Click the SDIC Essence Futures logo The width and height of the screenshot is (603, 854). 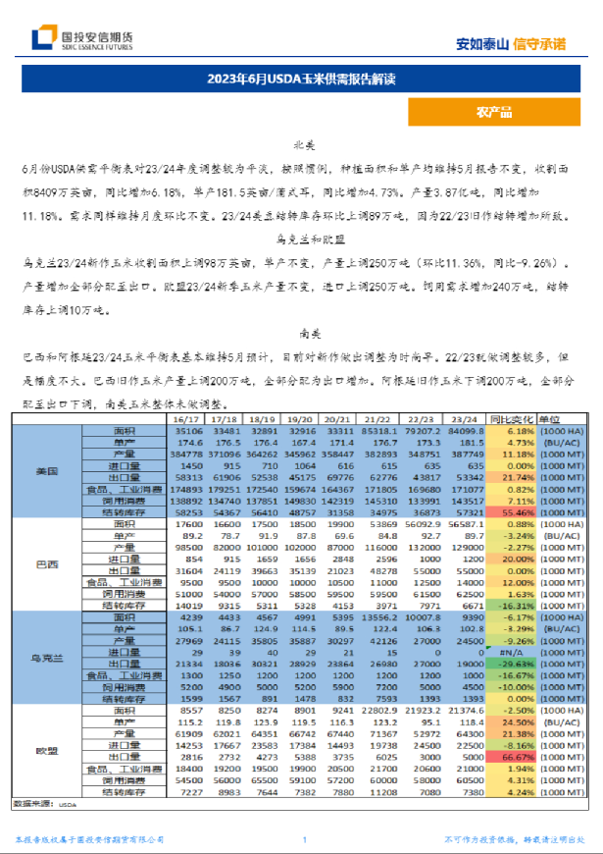[82, 39]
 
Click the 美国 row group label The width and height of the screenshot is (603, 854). [46, 471]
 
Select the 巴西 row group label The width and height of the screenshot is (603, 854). [46, 564]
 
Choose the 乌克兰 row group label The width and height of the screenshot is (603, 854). [46, 658]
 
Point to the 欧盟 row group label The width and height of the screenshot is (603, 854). [46, 751]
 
